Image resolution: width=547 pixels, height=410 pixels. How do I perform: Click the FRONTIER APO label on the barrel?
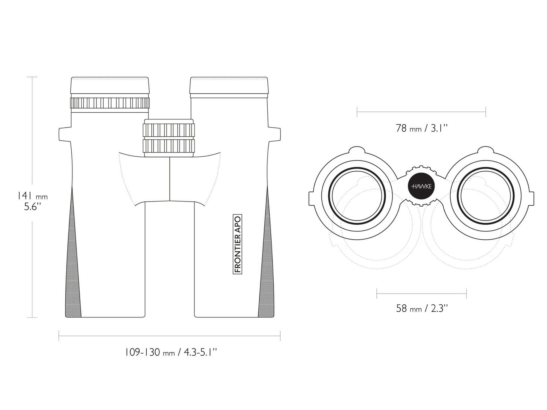click(x=237, y=244)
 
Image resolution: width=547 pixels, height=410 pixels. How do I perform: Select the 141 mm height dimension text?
click(x=33, y=196)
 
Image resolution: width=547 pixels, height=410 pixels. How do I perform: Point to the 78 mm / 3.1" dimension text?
click(x=421, y=128)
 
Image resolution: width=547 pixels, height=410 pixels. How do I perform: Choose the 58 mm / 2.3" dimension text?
click(x=422, y=308)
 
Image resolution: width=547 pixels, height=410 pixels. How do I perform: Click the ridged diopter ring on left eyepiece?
click(x=110, y=103)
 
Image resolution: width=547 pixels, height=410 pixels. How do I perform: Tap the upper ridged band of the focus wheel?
click(x=169, y=130)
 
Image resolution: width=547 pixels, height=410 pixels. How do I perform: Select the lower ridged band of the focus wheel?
click(x=169, y=146)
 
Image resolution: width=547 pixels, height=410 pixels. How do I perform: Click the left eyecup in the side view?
click(x=110, y=85)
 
